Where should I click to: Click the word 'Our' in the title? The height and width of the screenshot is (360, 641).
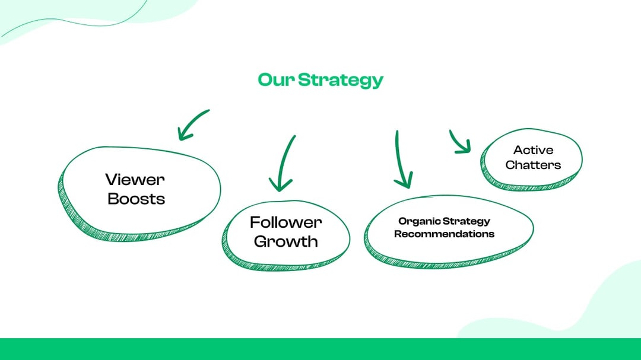coord(276,79)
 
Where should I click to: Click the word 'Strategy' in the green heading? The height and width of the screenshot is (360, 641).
coord(340,80)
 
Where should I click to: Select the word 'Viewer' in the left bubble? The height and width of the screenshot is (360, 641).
coord(135,179)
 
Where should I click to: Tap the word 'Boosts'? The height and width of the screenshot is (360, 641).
coord(136,199)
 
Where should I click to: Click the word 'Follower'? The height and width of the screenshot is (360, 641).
coord(285,222)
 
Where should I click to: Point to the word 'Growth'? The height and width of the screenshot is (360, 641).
coord(285,241)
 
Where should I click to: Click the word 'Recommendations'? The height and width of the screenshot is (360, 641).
coord(444,234)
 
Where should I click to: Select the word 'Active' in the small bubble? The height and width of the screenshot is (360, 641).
coord(533,150)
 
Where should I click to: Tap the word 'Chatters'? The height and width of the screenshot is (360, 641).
coord(533,165)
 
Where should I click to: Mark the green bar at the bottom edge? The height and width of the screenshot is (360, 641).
coord(320,349)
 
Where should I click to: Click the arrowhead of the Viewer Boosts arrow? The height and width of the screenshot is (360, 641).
coord(183,134)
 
